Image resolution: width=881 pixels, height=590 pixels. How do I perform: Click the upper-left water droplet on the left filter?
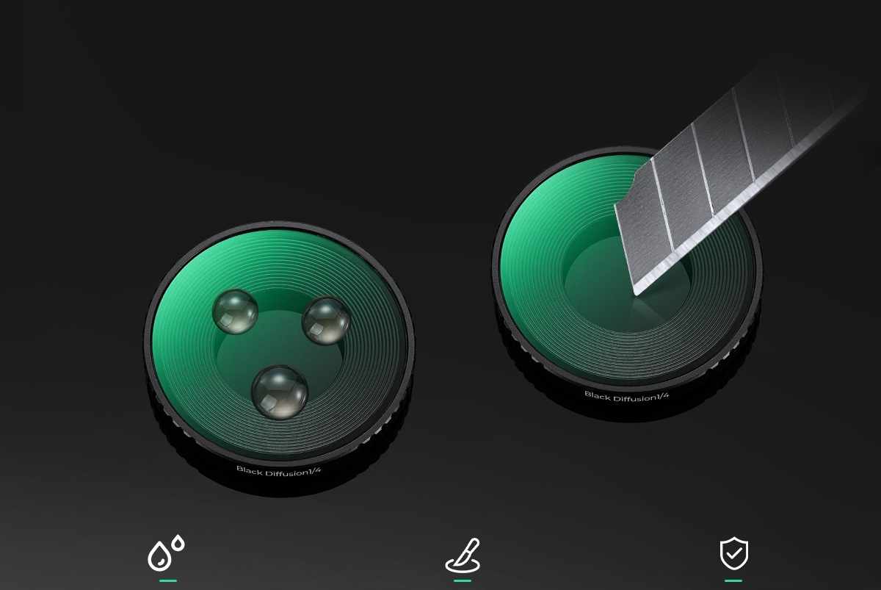(235, 312)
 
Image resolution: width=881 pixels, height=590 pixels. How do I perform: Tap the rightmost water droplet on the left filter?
(326, 320)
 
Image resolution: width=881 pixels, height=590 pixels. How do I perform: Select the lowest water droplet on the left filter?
(280, 392)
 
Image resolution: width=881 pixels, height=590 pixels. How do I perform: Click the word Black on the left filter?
(250, 470)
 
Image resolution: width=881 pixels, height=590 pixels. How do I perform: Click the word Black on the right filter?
(598, 395)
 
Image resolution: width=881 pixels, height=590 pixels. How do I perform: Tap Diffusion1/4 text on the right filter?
(642, 397)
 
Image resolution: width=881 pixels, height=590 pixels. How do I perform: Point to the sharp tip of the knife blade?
(636, 294)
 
